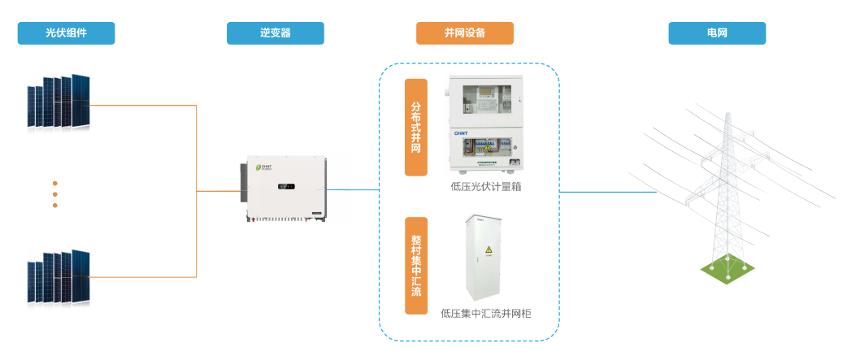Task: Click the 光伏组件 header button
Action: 66,33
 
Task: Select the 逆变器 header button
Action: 276,33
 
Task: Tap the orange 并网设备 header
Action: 464,33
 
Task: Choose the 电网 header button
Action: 717,33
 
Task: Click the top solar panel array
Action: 59,102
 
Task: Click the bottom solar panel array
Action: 59,276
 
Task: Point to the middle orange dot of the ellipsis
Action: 55,194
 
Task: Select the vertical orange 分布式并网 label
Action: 416,127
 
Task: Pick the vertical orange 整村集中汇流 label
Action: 416,266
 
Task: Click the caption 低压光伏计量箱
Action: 485,186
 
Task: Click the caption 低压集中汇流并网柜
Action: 485,312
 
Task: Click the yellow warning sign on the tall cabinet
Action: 489,249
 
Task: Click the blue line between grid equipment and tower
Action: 608,193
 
